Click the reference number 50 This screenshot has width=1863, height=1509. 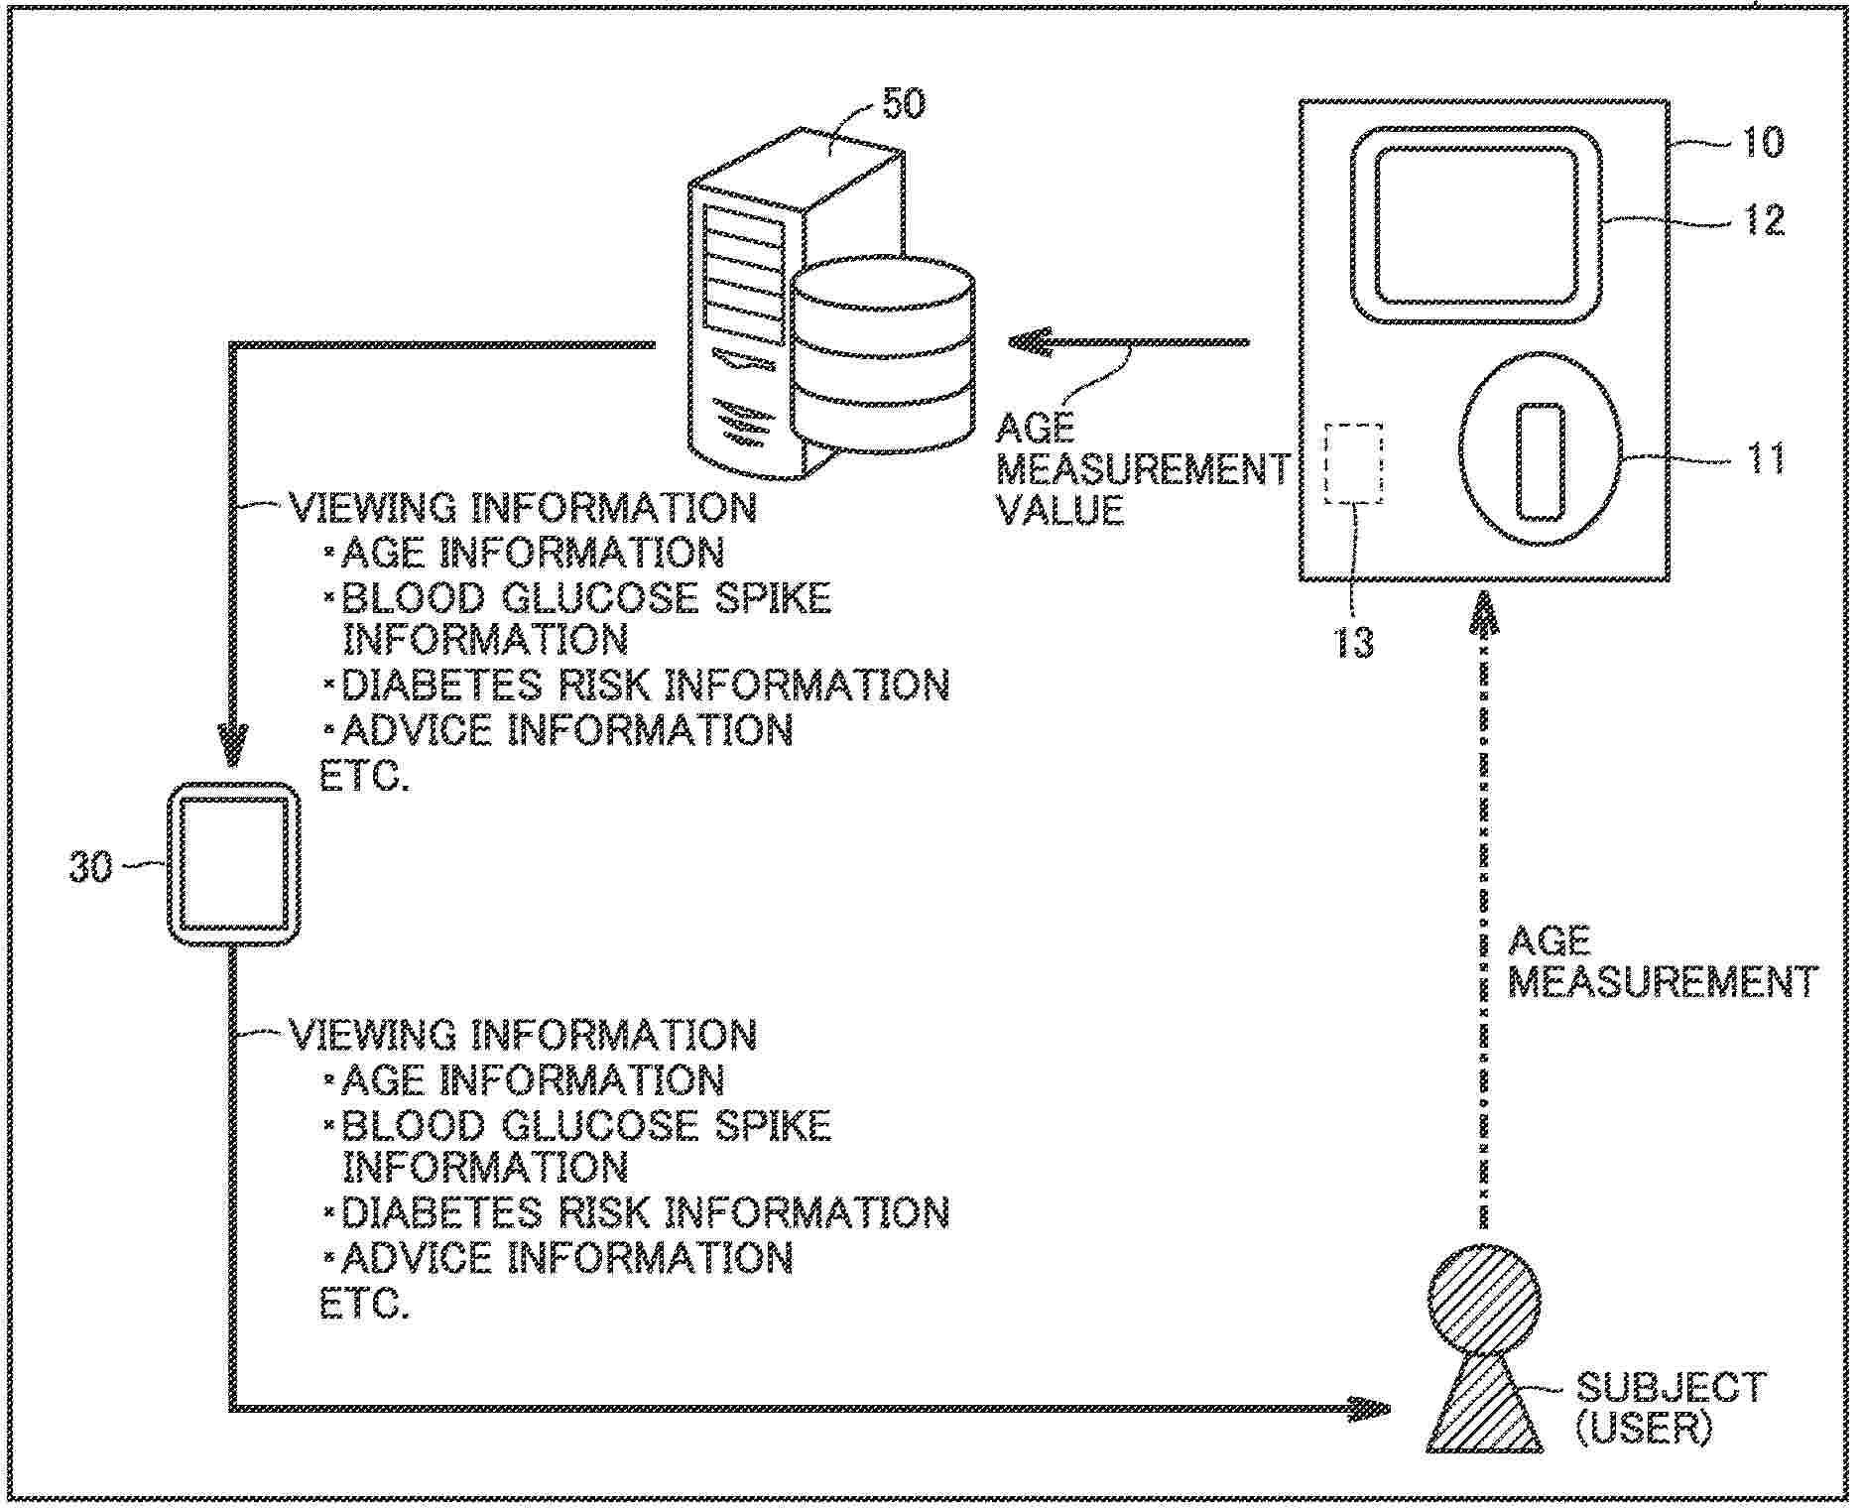902,104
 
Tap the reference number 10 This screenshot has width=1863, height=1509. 1763,142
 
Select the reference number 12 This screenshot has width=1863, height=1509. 1764,220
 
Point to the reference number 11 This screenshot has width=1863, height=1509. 1765,458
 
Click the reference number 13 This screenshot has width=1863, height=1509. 1353,642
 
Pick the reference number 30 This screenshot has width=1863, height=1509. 90,867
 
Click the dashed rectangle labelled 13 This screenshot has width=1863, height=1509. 1353,462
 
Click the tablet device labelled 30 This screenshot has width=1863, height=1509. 233,863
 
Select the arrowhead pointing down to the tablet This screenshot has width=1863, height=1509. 233,746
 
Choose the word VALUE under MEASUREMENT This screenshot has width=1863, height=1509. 1059,510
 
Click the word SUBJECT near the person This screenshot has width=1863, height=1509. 1671,1387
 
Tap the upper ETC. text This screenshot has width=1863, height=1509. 364,777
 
